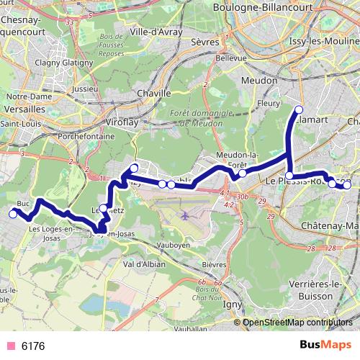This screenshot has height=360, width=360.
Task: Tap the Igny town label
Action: coord(234,303)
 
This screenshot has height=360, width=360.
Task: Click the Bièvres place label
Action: coord(214,264)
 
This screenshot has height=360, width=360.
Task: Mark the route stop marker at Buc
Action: coord(13,214)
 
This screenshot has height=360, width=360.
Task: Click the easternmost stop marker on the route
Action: coord(347,185)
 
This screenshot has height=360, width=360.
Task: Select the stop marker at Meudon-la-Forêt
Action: coord(243,173)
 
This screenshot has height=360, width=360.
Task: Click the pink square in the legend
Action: coord(10,346)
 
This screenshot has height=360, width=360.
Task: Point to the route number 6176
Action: coord(33,346)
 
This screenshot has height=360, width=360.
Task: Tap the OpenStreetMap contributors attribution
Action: coord(297,323)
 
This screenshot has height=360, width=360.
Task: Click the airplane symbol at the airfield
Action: coord(186,215)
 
